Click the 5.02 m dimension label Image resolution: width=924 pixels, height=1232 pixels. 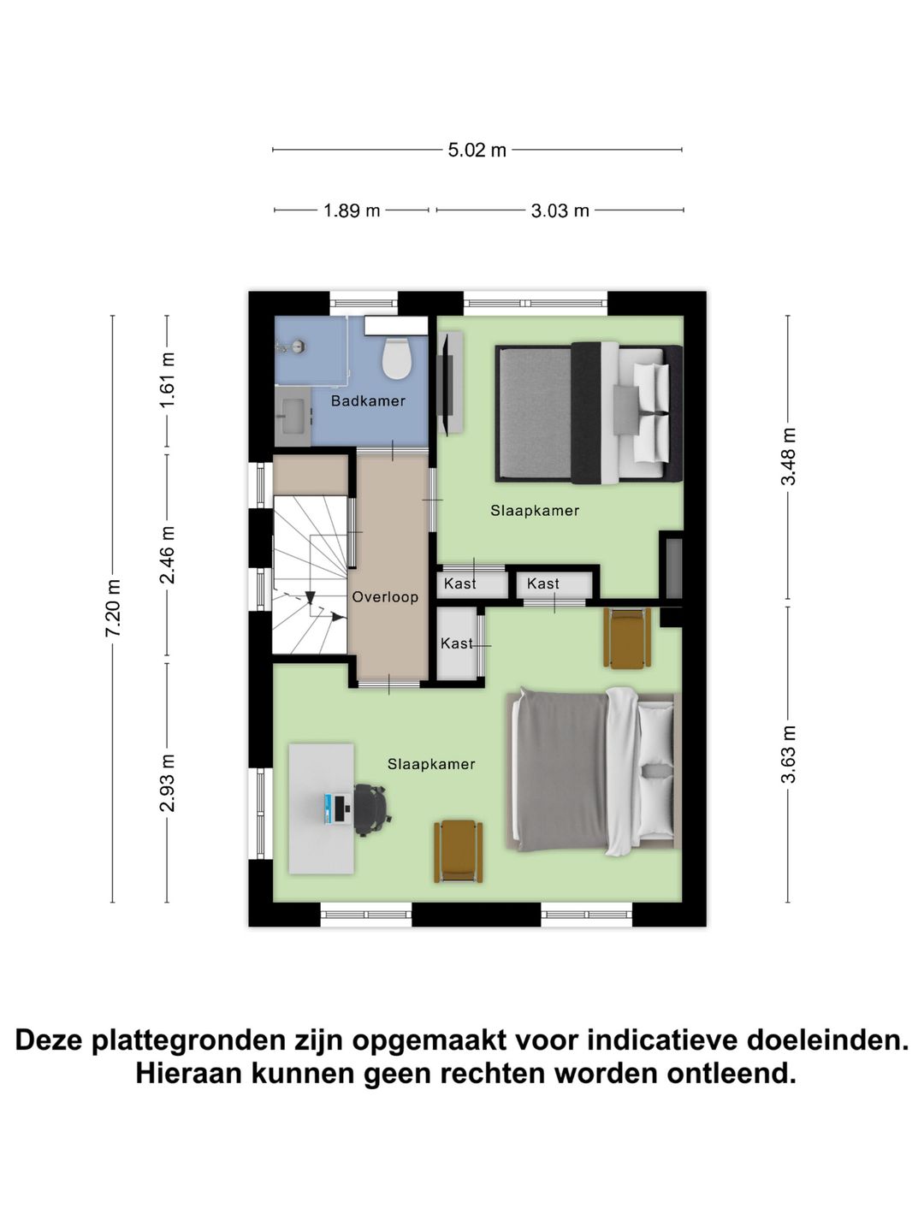click(477, 151)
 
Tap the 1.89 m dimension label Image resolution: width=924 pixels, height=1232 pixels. click(352, 210)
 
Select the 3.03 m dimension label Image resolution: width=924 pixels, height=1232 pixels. click(560, 210)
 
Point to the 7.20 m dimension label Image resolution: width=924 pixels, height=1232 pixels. click(113, 607)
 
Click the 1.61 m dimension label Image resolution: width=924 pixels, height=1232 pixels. click(168, 379)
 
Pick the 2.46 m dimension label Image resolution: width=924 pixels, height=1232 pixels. click(168, 554)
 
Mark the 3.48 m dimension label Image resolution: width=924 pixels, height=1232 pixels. click(788, 456)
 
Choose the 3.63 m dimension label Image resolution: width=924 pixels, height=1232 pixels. click(788, 754)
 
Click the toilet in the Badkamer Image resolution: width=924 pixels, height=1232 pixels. click(396, 358)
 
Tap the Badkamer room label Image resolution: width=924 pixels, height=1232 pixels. click(368, 401)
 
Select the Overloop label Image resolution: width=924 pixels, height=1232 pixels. click(385, 597)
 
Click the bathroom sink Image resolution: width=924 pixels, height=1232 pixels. click(293, 417)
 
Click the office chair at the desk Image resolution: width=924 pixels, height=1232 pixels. click(372, 808)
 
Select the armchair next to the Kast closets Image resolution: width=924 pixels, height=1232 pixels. click(627, 638)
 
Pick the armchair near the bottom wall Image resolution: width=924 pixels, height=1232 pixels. click(458, 850)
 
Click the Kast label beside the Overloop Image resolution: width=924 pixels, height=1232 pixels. click(456, 643)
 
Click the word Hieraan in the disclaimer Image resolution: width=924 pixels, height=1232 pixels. click(189, 1073)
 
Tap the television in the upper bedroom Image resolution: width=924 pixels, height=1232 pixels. click(444, 382)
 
